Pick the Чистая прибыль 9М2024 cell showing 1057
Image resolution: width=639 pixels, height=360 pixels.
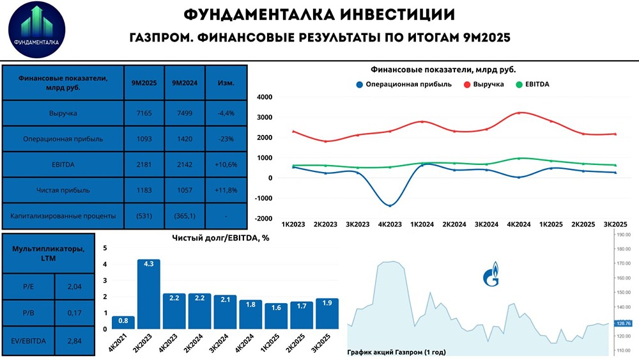[x=184, y=190]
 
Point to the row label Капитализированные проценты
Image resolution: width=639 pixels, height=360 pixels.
[x=63, y=216]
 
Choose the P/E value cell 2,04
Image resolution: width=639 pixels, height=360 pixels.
[x=75, y=288]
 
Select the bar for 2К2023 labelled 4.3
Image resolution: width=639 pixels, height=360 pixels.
[x=149, y=294]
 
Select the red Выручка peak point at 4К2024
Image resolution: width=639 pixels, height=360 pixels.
[x=519, y=113]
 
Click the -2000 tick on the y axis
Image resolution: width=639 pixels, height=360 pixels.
[x=264, y=219]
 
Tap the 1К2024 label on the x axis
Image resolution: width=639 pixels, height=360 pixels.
[x=422, y=224]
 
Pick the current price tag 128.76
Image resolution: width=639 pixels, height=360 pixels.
[x=623, y=324]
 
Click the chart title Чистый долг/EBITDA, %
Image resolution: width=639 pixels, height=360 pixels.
[x=217, y=238]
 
